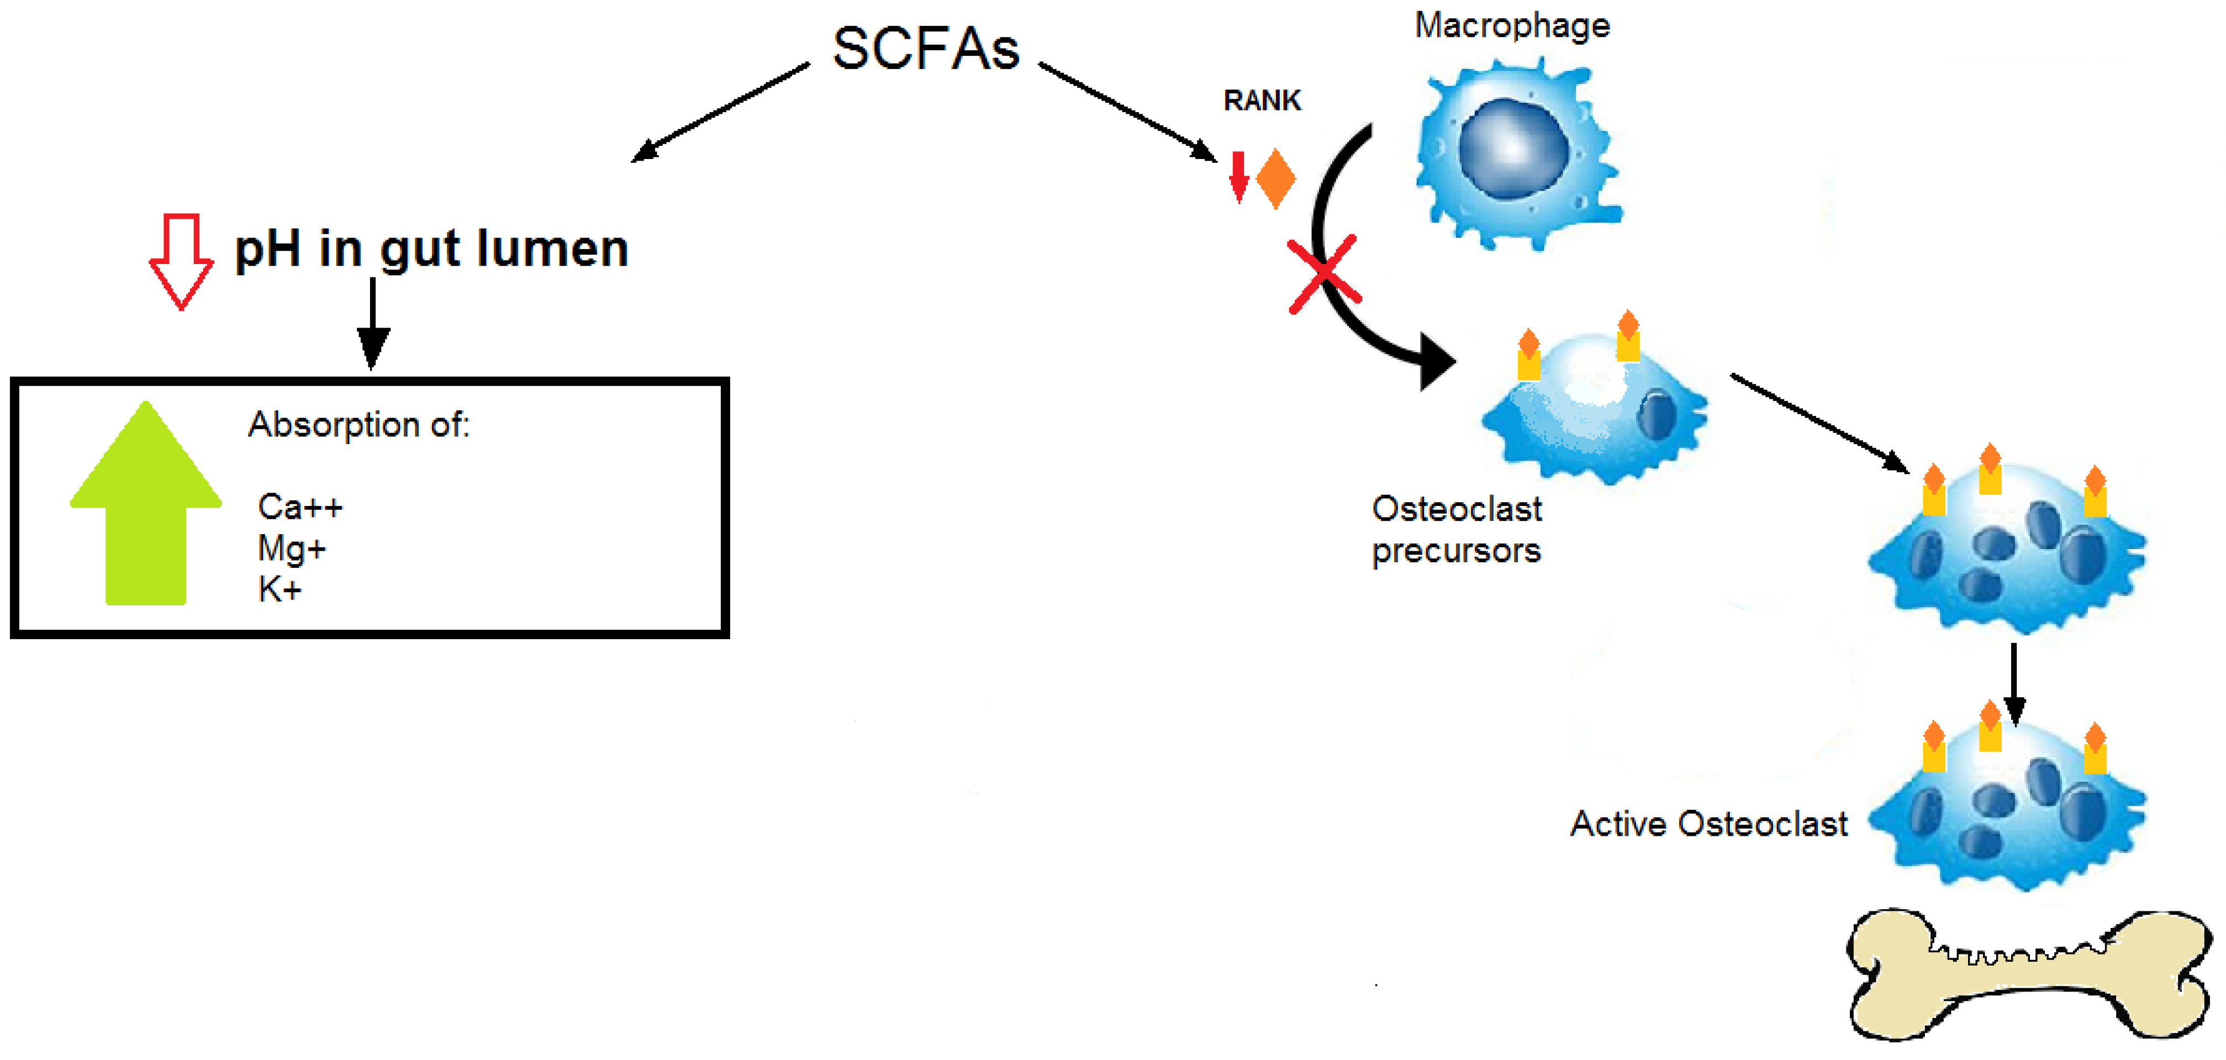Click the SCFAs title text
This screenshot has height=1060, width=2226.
pyautogui.click(x=926, y=49)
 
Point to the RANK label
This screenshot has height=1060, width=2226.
pyautogui.click(x=1262, y=100)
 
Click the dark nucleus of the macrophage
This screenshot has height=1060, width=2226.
pyautogui.click(x=1513, y=147)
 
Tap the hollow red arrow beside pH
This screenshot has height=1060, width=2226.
pyautogui.click(x=181, y=261)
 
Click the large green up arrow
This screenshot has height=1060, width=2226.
pyautogui.click(x=145, y=503)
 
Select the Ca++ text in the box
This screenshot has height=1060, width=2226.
pyautogui.click(x=300, y=507)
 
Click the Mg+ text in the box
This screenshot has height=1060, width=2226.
pyautogui.click(x=291, y=549)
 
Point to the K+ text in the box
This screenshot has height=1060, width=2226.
pyautogui.click(x=279, y=589)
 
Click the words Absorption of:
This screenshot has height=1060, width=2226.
pyautogui.click(x=358, y=425)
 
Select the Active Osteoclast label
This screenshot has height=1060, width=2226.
pyautogui.click(x=1708, y=824)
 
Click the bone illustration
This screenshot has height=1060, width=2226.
pyautogui.click(x=2029, y=974)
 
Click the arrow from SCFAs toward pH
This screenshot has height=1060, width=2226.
pyautogui.click(x=721, y=112)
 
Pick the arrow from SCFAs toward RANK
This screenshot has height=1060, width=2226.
pyautogui.click(x=1128, y=112)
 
